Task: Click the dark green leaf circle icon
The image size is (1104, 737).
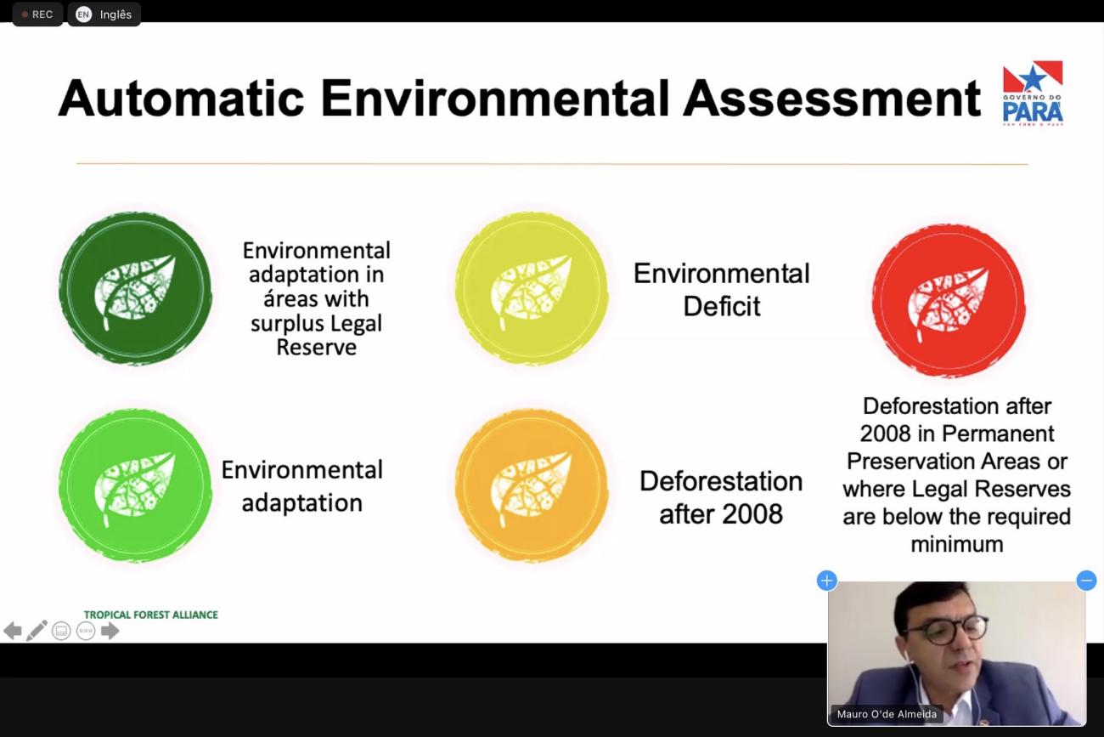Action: click(136, 289)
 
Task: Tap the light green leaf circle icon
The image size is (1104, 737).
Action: click(136, 486)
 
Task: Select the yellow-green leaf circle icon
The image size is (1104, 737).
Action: click(532, 289)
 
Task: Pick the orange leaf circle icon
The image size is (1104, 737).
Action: click(532, 486)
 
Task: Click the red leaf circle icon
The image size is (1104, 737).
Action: click(949, 301)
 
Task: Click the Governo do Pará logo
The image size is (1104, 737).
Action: click(1033, 93)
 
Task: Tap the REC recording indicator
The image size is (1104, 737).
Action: click(37, 14)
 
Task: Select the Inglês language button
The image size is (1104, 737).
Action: click(104, 14)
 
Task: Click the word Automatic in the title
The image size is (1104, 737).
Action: click(182, 98)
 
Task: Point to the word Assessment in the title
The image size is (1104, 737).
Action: click(832, 98)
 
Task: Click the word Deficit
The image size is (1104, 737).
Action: click(722, 306)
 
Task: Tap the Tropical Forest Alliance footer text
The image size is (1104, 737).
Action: click(151, 615)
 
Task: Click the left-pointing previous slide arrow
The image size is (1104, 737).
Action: click(13, 631)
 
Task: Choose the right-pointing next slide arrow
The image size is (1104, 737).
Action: click(110, 631)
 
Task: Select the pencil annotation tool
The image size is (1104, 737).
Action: click(37, 631)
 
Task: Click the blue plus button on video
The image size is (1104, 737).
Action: click(827, 580)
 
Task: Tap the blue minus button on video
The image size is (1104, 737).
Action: click(1086, 580)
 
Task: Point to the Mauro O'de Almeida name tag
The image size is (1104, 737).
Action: click(887, 714)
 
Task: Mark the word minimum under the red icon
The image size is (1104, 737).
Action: click(956, 544)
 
